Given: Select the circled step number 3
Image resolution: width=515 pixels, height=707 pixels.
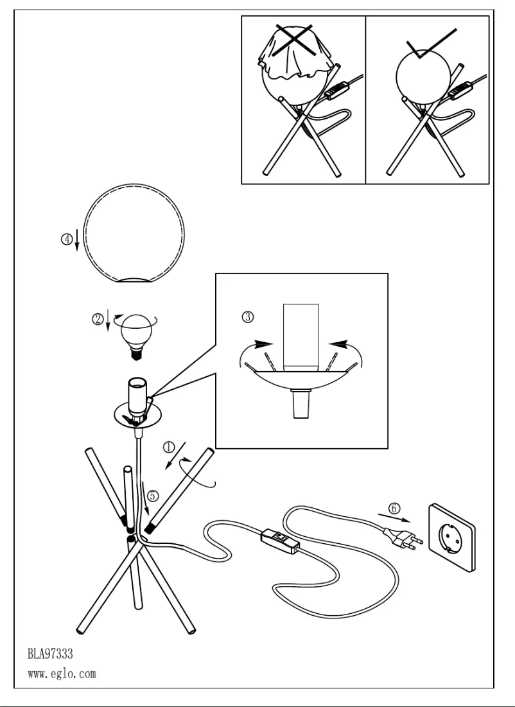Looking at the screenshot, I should point(249,317).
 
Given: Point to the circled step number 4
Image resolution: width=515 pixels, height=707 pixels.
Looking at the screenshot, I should point(66,240).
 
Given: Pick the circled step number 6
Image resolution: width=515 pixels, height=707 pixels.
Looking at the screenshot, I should point(396,508).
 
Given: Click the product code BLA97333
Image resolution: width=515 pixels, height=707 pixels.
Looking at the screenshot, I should point(50,654).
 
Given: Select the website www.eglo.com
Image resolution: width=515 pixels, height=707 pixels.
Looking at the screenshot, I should point(62,675).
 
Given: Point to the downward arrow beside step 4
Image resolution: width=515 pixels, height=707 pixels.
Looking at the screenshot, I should point(77,241).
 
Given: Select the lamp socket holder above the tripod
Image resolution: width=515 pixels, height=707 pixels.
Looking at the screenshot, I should point(137,398).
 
